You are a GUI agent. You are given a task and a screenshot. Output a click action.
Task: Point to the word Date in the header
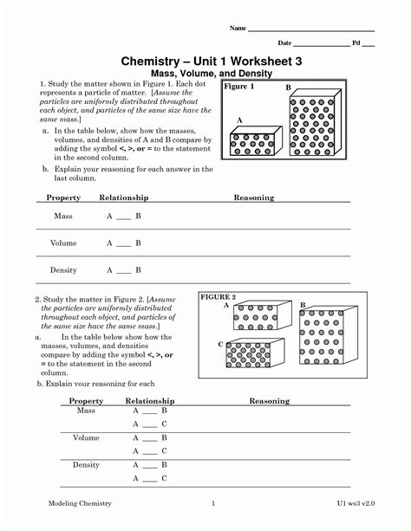(x=284, y=42)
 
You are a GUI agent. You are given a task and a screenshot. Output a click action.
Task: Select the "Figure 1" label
(x=239, y=87)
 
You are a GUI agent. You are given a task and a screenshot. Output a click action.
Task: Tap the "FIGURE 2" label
(x=219, y=297)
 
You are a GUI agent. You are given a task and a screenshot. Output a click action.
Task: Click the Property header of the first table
(x=63, y=198)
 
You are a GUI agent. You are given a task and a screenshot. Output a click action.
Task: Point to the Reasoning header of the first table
(x=254, y=198)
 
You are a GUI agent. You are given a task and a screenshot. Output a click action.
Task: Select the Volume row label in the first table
(x=63, y=243)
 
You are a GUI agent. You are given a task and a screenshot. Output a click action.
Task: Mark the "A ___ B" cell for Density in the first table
(x=123, y=270)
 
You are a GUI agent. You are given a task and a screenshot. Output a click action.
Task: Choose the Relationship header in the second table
(x=150, y=401)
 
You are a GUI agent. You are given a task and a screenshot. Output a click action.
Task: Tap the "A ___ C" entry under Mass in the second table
(x=149, y=424)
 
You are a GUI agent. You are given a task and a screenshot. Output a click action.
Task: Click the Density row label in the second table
(x=87, y=465)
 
